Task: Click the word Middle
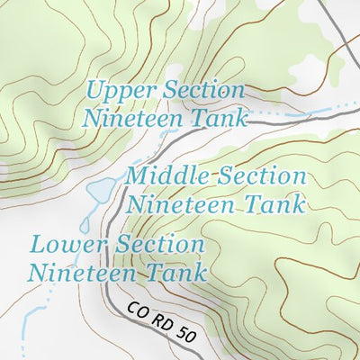[165, 175]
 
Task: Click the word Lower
[66, 243]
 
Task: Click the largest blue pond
[100, 190]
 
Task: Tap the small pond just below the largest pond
[88, 217]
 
